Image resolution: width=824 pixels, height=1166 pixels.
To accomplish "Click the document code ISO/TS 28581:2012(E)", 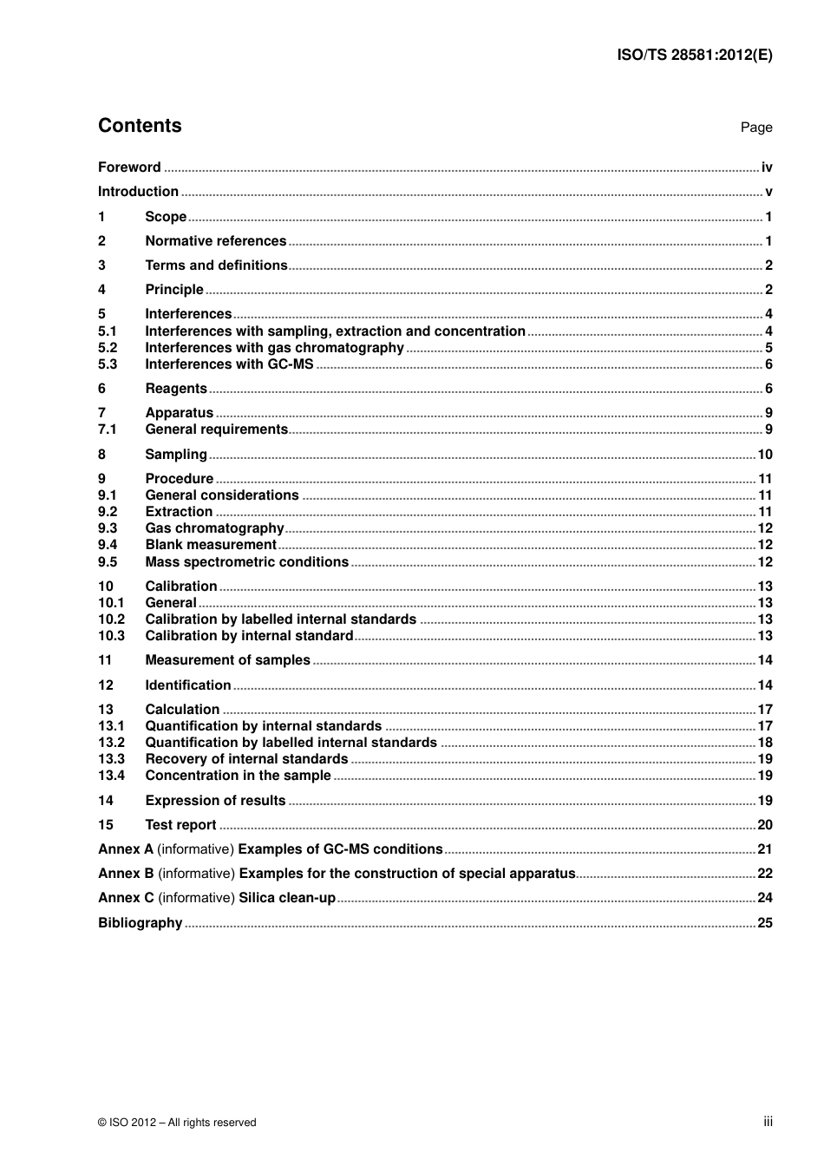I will click(x=694, y=55).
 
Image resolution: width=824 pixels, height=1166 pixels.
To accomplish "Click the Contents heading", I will click(x=140, y=126).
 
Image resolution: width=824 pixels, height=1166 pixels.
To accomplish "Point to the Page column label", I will click(x=755, y=128).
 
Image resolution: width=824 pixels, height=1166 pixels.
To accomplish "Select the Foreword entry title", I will click(x=129, y=167).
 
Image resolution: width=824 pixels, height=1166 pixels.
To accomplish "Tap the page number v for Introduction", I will click(x=768, y=192).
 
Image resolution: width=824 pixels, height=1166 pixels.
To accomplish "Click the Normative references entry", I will click(x=215, y=241).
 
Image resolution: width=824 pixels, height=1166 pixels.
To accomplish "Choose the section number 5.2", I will click(x=108, y=348).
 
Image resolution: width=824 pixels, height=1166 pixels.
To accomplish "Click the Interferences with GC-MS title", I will click(x=229, y=364).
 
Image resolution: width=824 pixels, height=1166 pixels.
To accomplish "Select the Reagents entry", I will click(x=176, y=389).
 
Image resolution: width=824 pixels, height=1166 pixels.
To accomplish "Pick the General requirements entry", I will click(x=216, y=429).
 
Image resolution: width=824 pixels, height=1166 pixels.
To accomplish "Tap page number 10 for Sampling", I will click(x=764, y=455).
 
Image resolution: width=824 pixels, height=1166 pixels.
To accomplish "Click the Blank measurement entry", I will click(x=211, y=545).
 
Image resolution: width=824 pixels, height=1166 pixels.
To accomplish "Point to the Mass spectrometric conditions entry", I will click(x=246, y=562).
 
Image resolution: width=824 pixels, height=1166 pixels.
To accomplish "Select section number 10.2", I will click(x=111, y=619).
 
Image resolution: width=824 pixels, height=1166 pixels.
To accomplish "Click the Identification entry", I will click(x=187, y=685).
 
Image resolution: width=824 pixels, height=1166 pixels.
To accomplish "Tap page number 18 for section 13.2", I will click(x=764, y=743).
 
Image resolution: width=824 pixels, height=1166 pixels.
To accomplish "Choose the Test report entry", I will click(x=180, y=825).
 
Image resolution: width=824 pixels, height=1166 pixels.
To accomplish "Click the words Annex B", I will click(x=126, y=874).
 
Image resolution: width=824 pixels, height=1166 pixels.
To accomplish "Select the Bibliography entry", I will click(x=140, y=923).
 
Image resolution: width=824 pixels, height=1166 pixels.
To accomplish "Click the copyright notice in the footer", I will click(x=177, y=1123).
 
